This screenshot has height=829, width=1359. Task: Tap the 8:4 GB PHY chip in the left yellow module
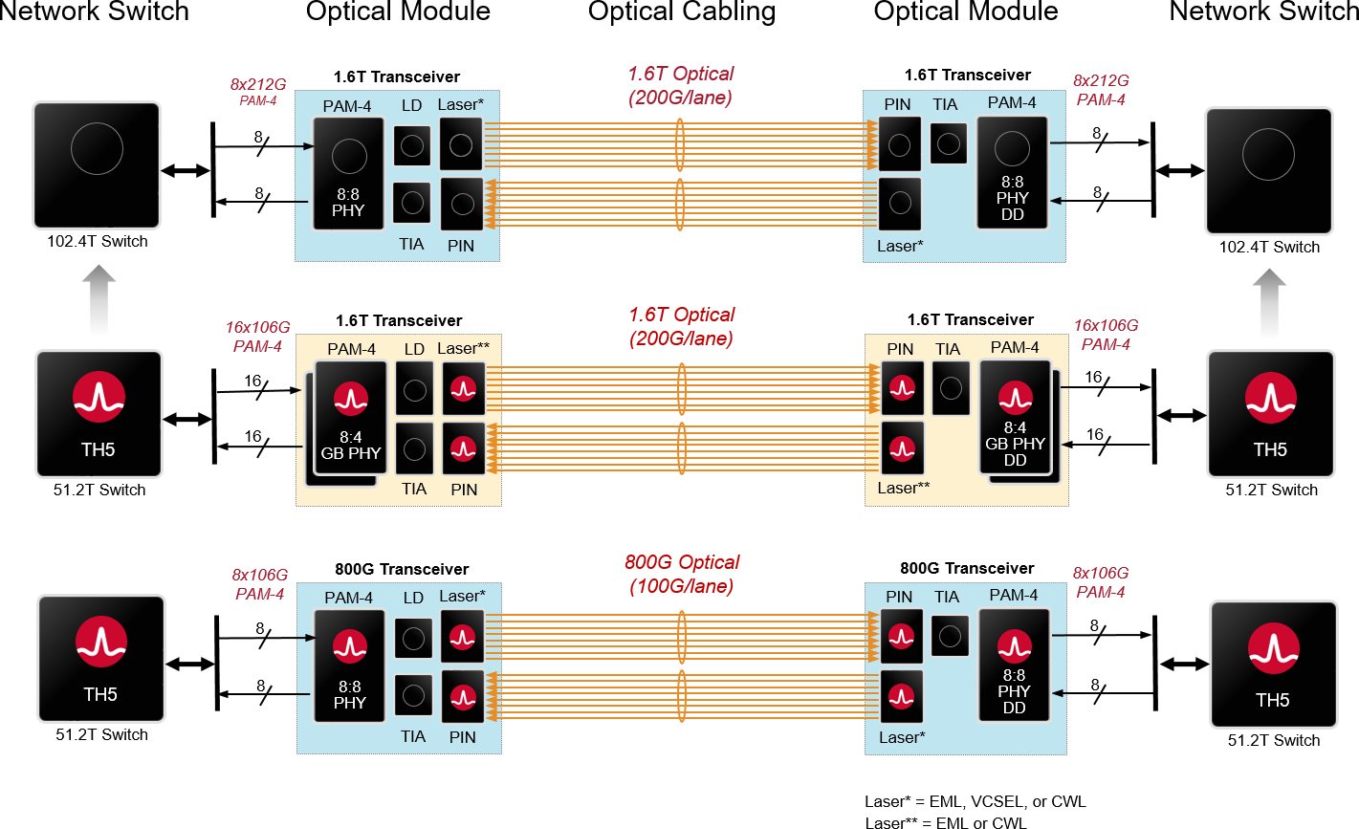tap(351, 418)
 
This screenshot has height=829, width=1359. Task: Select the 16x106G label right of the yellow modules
tap(1106, 335)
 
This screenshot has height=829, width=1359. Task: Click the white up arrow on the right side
tap(1269, 303)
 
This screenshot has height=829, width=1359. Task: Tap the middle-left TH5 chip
tap(99, 413)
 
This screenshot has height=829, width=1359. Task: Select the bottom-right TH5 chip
tap(1273, 664)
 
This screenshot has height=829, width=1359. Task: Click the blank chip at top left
tap(97, 164)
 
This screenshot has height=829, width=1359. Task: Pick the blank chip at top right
tap(1268, 170)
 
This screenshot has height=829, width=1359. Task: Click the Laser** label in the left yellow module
tap(464, 348)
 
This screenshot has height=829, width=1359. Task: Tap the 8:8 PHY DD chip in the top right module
tap(1012, 173)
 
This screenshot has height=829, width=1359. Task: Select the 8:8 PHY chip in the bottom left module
tap(349, 665)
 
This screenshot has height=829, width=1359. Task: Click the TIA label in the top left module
tap(411, 245)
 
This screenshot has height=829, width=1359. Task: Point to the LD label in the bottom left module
tap(413, 598)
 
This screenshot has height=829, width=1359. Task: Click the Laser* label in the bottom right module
tap(902, 737)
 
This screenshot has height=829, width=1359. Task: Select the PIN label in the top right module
tap(898, 104)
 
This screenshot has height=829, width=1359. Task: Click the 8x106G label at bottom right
tap(1100, 582)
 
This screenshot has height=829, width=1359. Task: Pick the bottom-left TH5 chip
tap(101, 659)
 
